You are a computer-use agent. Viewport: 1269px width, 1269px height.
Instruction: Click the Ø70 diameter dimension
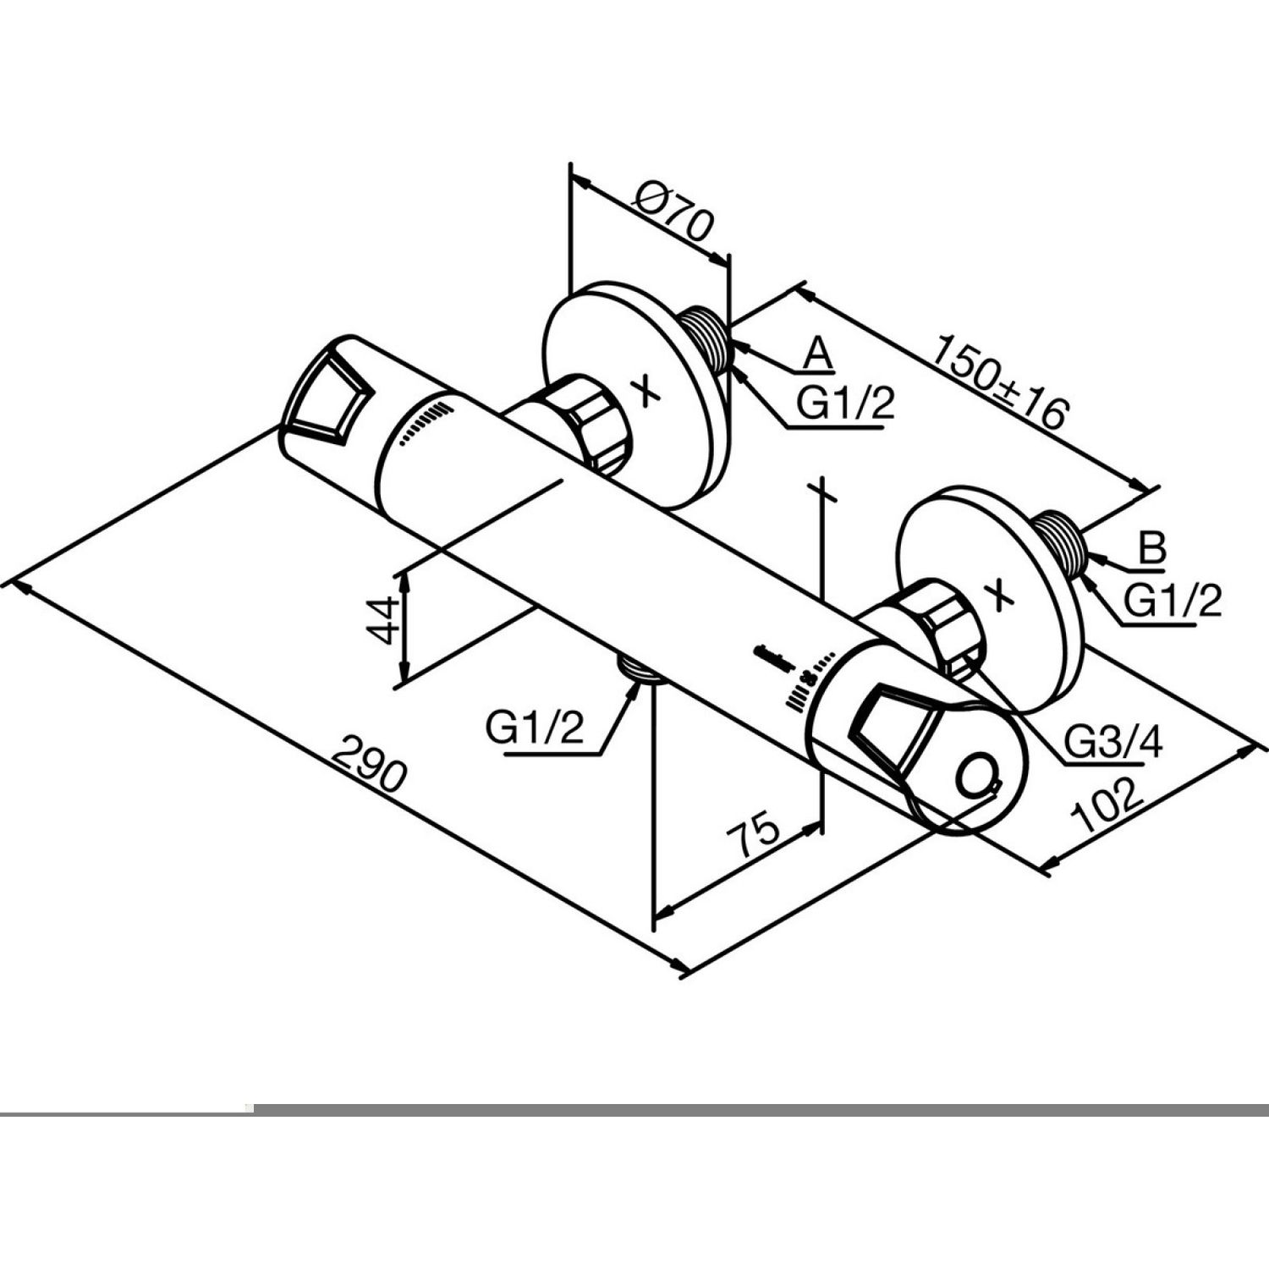click(x=674, y=216)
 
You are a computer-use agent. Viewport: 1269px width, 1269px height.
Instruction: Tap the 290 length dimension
click(x=370, y=764)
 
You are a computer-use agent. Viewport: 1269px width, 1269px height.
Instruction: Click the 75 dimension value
click(x=752, y=833)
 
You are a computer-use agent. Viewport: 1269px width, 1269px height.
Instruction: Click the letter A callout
click(x=817, y=354)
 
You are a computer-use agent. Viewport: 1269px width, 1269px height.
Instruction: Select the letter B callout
click(x=1151, y=548)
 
